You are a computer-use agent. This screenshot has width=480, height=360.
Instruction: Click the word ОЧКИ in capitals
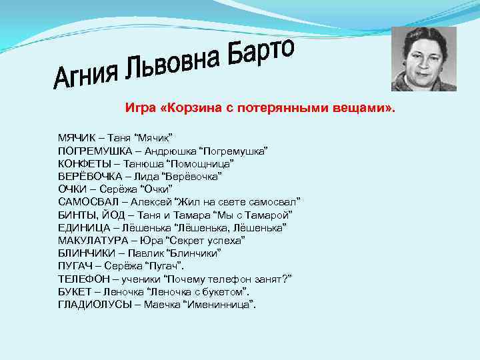click(x=70, y=189)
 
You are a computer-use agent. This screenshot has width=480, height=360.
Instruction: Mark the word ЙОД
click(x=108, y=215)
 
